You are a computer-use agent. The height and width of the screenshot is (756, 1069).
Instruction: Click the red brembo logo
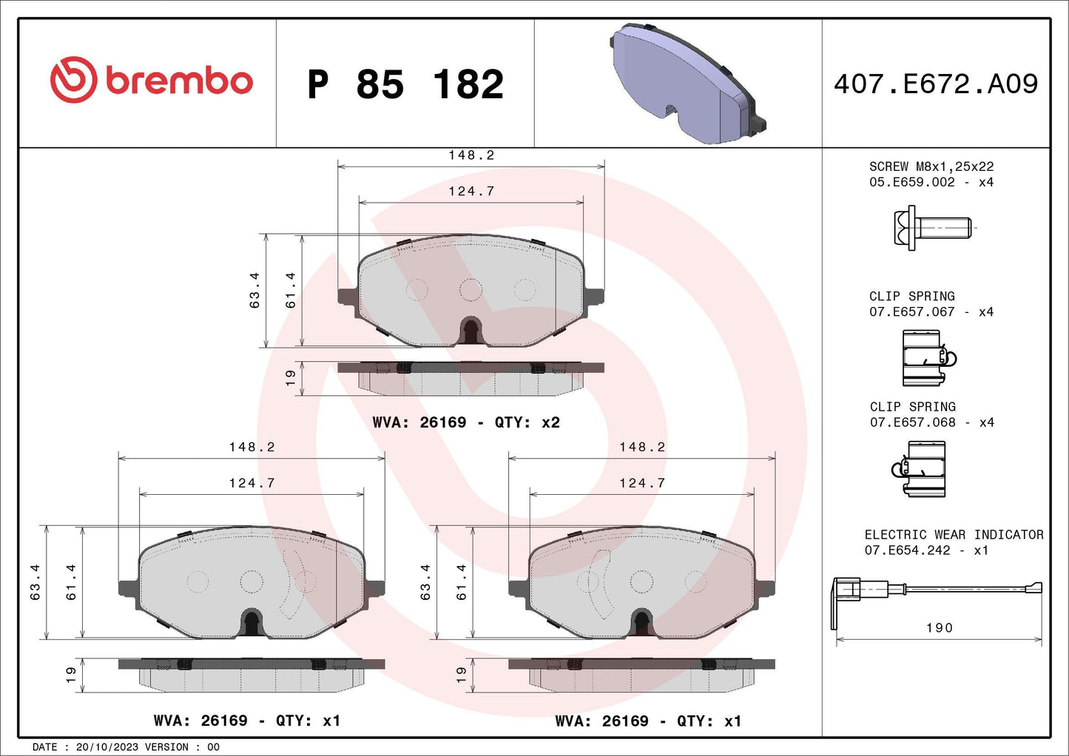tap(151, 80)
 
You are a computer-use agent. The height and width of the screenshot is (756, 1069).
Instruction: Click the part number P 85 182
tap(405, 84)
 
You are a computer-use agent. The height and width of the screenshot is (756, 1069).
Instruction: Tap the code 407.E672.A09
tap(936, 84)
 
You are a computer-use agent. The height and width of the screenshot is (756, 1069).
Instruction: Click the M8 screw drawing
tap(931, 228)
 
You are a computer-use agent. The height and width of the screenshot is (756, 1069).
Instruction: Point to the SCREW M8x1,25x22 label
tap(931, 166)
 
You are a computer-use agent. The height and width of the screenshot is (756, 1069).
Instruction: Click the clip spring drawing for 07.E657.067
tap(927, 358)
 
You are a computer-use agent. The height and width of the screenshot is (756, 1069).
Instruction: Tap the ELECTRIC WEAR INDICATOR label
tap(954, 534)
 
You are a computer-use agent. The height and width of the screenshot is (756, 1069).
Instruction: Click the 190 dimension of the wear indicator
tap(939, 627)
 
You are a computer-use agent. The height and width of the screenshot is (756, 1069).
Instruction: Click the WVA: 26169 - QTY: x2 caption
tap(466, 422)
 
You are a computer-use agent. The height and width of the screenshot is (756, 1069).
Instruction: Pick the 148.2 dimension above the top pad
tap(471, 155)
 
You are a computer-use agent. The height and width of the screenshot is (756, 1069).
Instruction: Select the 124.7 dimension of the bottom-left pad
tap(252, 483)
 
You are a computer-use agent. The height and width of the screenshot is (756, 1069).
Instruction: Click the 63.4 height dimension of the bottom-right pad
tap(425, 581)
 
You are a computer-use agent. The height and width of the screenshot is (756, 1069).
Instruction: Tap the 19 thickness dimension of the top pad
tap(290, 377)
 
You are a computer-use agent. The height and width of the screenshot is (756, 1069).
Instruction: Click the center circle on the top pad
tap(471, 289)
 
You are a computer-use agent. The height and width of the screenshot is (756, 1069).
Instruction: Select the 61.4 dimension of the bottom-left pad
tap(72, 581)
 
